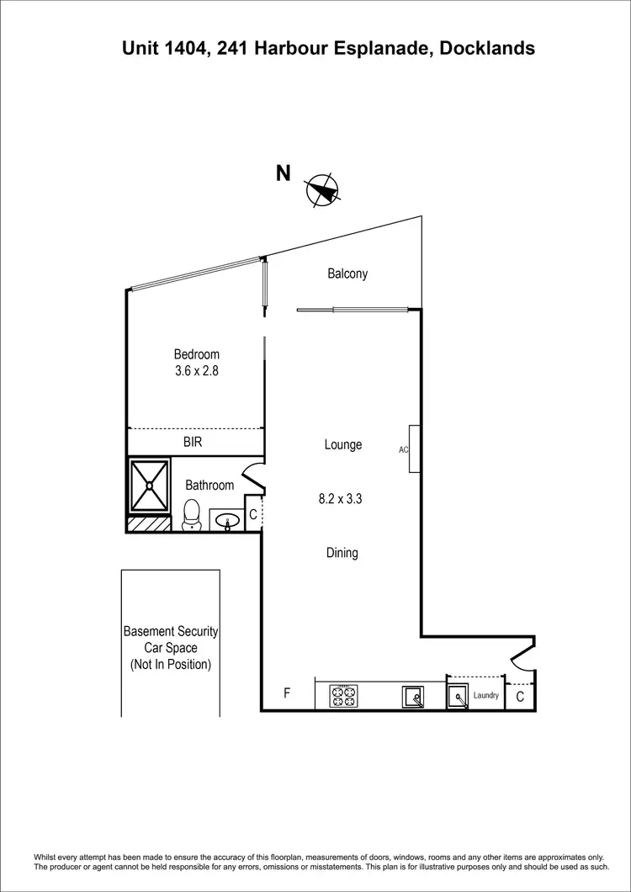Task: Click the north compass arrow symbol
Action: click(x=323, y=190)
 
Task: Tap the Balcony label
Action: click(x=347, y=273)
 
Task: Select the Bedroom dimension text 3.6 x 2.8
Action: click(x=196, y=370)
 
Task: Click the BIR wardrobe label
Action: click(x=193, y=441)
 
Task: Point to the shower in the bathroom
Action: click(x=149, y=486)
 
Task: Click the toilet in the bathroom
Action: click(x=192, y=515)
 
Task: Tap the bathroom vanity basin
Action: click(x=225, y=522)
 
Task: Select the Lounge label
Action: click(x=343, y=444)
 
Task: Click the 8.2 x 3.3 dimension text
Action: click(x=340, y=498)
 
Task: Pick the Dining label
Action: click(x=342, y=553)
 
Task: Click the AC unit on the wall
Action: click(x=414, y=449)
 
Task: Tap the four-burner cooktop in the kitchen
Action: click(x=344, y=697)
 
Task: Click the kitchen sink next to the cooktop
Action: click(x=412, y=697)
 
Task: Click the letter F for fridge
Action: click(x=287, y=693)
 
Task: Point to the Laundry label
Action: click(x=486, y=696)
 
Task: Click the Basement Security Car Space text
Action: click(x=171, y=647)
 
